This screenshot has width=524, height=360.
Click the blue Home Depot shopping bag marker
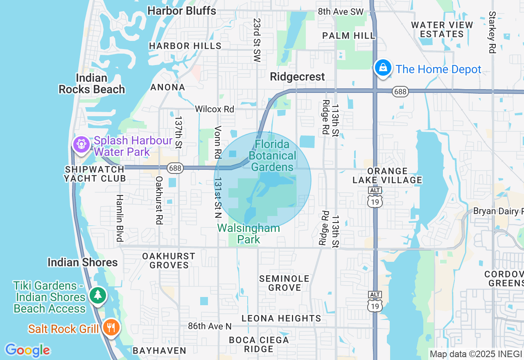(x=383, y=68)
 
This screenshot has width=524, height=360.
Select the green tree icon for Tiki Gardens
(x=97, y=295)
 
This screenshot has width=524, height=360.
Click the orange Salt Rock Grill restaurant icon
(x=110, y=327)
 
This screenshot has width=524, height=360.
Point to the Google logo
(x=27, y=350)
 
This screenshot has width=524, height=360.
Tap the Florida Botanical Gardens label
(x=272, y=155)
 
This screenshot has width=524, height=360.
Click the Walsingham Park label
(x=248, y=234)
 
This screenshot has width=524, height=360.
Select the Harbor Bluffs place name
(x=182, y=11)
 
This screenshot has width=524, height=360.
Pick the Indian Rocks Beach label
(x=92, y=83)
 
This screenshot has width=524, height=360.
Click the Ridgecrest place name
(x=298, y=76)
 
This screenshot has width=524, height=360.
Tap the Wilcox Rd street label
(x=215, y=109)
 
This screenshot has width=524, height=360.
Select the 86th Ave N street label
(x=210, y=326)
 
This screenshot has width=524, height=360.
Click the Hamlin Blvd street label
(x=120, y=218)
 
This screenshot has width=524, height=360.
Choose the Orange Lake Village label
(x=387, y=175)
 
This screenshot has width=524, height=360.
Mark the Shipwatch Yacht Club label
(x=95, y=174)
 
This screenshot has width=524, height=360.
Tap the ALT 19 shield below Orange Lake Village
(x=375, y=198)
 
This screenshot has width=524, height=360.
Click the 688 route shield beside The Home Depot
(x=400, y=92)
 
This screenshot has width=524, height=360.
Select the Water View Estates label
(x=442, y=29)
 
